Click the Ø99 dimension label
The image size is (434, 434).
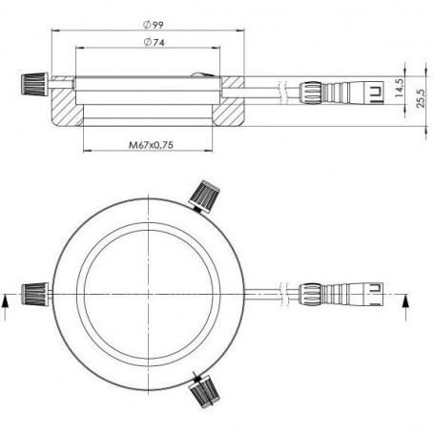coord(154,25)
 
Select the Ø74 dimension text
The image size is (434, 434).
coord(155,42)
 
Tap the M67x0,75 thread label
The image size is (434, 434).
coord(151,145)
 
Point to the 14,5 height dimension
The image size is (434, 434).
coord(400,88)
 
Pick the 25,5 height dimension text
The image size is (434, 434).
coord(421,98)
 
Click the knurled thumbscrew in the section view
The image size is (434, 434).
coord(34,84)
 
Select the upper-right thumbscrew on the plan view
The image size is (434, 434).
coord(205,196)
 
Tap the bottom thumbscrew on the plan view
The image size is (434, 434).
coord(205,392)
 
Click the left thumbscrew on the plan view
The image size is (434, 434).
coord(35,294)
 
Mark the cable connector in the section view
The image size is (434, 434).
coord(341,93)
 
